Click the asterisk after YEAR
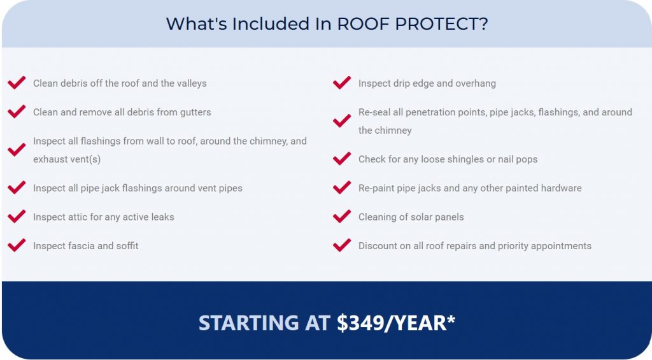[x=451, y=319]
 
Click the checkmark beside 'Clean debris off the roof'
[x=17, y=82]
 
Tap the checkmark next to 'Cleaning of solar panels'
[x=342, y=216]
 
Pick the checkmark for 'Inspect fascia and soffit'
[x=17, y=245]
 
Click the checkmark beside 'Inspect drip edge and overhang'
[x=342, y=82]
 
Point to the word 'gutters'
[x=195, y=113]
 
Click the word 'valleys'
[x=192, y=83]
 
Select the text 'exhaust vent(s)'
[x=67, y=159]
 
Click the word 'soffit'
[x=127, y=245]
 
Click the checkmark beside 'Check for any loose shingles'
[x=342, y=158]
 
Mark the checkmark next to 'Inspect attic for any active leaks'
[x=17, y=216]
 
